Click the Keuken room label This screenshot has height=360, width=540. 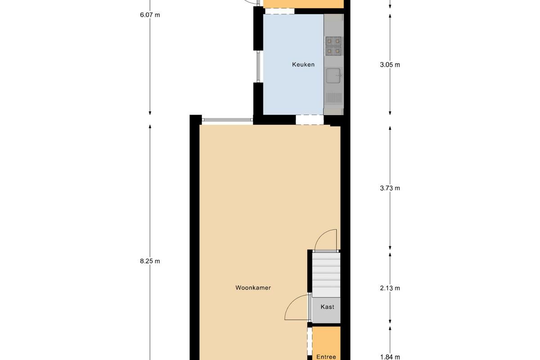(x=303, y=65)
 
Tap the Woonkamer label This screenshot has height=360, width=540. (x=253, y=288)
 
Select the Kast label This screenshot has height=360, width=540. (x=328, y=307)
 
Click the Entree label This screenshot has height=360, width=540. (x=326, y=357)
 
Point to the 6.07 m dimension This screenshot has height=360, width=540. (x=150, y=15)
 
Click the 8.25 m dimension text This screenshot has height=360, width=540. (x=150, y=261)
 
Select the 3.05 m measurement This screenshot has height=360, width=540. (x=390, y=65)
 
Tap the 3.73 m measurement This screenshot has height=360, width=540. (x=390, y=188)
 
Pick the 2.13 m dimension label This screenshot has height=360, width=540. (x=390, y=288)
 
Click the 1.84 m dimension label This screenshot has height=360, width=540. (x=390, y=357)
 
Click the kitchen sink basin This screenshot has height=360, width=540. (x=333, y=76)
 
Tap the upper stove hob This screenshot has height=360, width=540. (x=333, y=41)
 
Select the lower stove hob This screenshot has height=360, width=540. (x=333, y=51)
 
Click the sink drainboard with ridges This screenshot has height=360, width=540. (x=334, y=98)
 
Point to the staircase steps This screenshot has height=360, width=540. (x=326, y=275)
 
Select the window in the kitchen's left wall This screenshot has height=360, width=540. (x=258, y=67)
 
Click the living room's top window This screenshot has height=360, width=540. (x=227, y=120)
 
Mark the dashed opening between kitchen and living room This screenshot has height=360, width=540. (x=310, y=120)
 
